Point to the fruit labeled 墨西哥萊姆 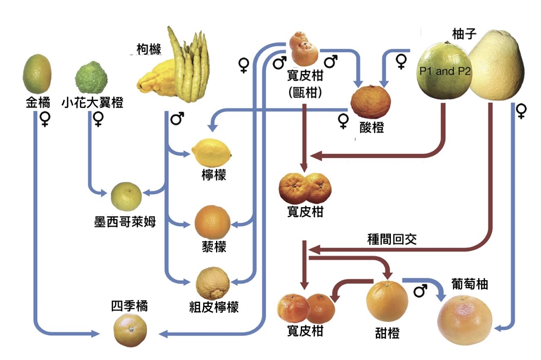coord(126,197)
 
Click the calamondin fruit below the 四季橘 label coord(130,329)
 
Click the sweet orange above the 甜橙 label coord(387,300)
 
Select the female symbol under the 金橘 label coord(44,119)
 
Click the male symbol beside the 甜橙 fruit coord(420,292)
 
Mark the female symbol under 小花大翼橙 coord(98,119)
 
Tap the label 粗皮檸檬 coord(214,307)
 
